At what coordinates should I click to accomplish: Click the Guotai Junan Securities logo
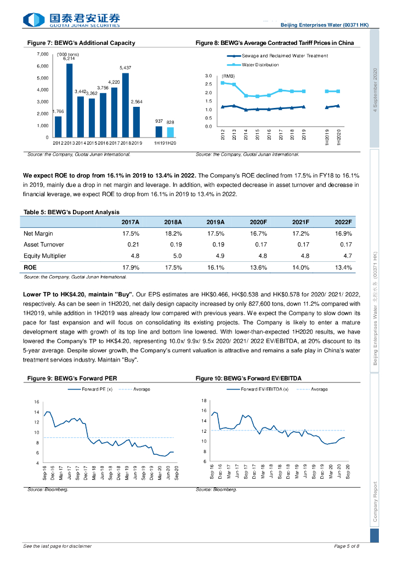click(x=71, y=20)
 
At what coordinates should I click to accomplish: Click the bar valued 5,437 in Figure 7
click(x=125, y=105)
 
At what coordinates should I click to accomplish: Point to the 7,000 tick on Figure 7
click(x=42, y=54)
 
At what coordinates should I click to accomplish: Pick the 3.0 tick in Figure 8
click(x=208, y=76)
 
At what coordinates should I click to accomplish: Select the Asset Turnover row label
click(x=44, y=244)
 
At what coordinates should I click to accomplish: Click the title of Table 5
click(x=71, y=212)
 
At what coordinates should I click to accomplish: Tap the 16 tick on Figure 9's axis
click(x=37, y=402)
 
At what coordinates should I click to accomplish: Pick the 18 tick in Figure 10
click(x=204, y=400)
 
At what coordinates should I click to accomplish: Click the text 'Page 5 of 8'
click(x=347, y=546)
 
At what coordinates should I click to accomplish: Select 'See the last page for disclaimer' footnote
click(x=58, y=546)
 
